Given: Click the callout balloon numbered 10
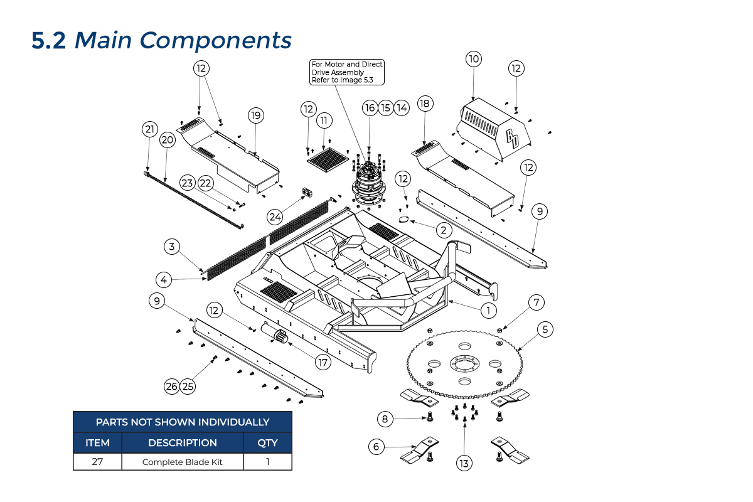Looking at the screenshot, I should point(473,59).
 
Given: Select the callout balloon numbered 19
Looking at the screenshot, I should point(255,115).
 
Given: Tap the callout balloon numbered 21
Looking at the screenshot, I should point(149,130).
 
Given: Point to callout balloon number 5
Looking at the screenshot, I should point(545,328).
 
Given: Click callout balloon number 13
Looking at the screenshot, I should point(464,464).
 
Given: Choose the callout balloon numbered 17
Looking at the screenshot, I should point(323,362).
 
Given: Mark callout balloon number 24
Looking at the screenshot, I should point(275,216).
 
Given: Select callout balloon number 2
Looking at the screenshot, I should point(443,230).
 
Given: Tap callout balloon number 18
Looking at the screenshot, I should point(425,104).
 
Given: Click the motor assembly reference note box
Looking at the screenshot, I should point(347,72).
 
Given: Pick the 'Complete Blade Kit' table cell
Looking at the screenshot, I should point(183,462).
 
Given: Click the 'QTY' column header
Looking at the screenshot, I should point(267,442).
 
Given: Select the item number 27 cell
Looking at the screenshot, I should point(97,462).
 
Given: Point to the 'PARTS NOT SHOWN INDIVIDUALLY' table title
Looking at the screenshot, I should point(183,422).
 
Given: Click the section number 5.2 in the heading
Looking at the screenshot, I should point(49,41).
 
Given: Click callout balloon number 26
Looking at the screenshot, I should point(172,387).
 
